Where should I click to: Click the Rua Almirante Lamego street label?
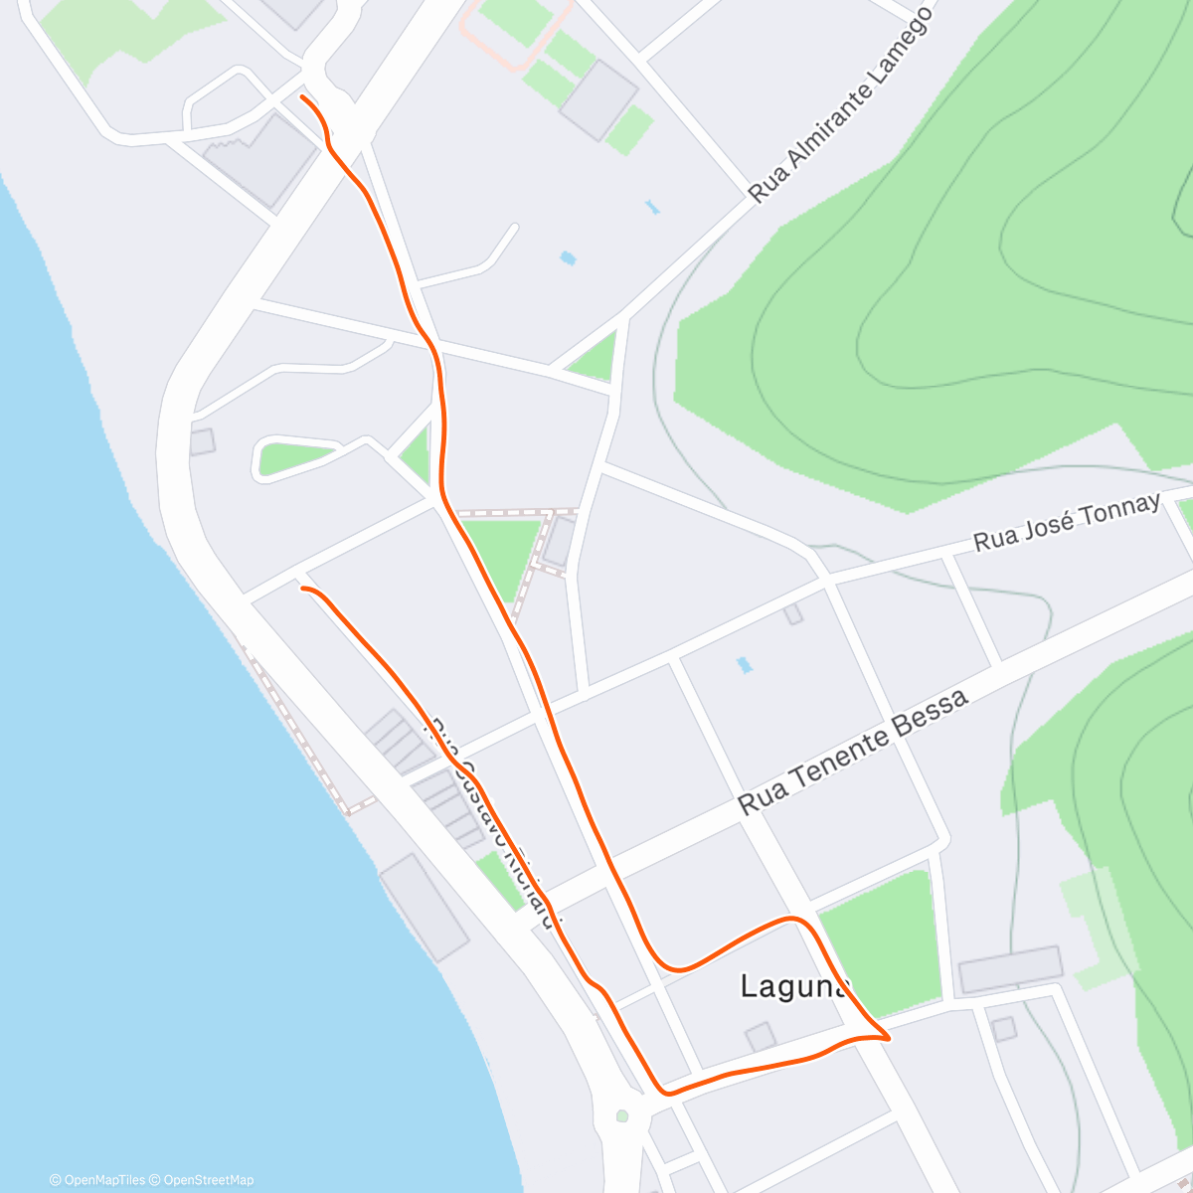point(841,105)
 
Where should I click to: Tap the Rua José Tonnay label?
point(1066,522)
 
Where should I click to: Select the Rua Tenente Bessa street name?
point(853,753)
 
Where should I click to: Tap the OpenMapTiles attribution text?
point(97,1180)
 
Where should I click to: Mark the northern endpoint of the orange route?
point(302,97)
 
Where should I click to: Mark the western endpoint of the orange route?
point(302,589)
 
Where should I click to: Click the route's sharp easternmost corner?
point(888,1038)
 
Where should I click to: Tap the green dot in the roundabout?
point(622,1115)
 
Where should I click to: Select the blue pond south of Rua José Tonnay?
point(744,665)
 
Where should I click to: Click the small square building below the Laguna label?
point(761,1037)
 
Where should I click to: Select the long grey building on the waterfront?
point(424,907)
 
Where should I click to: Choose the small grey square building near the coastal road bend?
point(202,441)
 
